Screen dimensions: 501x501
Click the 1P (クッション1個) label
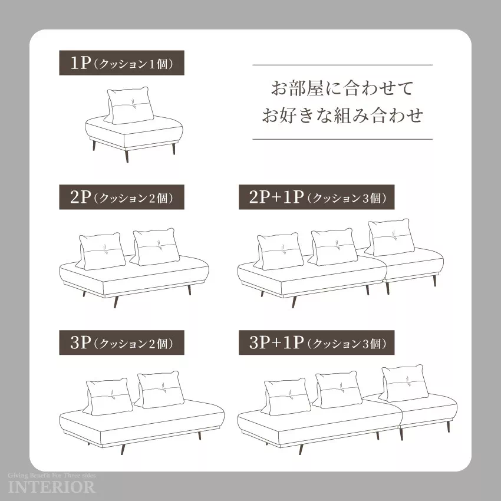122,63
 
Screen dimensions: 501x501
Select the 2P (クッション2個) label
122,197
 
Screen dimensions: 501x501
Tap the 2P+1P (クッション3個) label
317,197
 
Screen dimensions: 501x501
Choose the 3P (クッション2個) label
122,342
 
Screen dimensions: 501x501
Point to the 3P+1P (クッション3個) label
317,342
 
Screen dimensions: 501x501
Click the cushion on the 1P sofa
129,106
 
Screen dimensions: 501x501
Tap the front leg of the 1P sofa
127,156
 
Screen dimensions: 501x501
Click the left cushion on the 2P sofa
101,251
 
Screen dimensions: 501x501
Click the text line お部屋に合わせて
342,88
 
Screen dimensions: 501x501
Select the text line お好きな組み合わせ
342,116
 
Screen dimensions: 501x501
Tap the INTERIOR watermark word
52,487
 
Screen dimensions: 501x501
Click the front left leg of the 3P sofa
123,449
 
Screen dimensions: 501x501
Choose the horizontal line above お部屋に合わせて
342,65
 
